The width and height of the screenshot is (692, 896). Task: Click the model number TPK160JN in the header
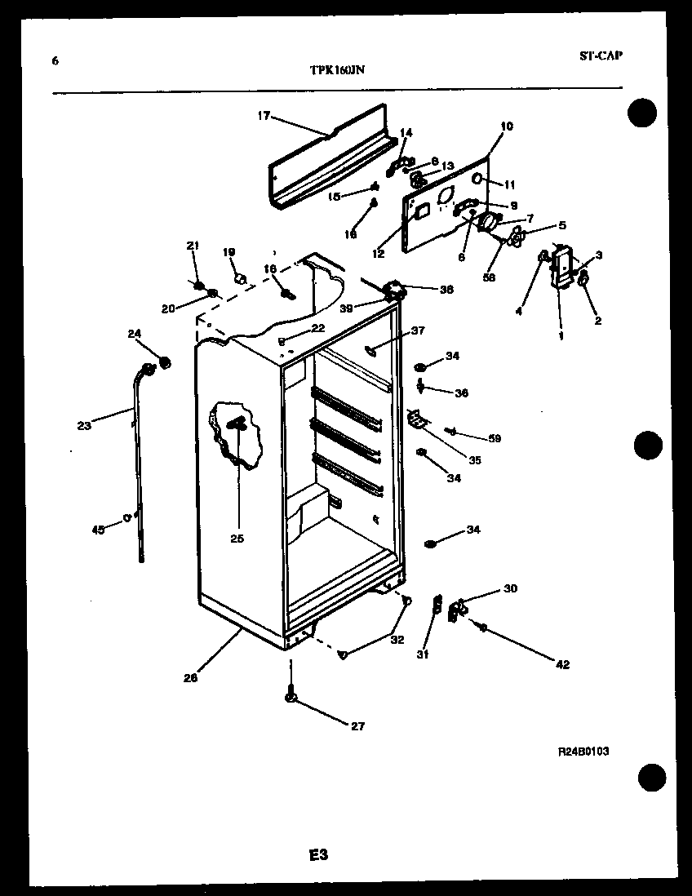(x=337, y=71)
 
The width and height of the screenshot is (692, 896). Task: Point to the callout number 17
(x=263, y=116)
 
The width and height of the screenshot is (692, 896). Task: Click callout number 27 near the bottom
(x=358, y=726)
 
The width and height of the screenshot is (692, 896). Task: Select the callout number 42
(x=562, y=664)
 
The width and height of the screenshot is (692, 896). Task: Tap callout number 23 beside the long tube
(x=85, y=424)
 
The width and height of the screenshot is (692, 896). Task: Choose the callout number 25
(x=238, y=538)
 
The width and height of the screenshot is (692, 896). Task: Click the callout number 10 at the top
(x=507, y=126)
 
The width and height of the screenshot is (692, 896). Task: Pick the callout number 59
(x=495, y=438)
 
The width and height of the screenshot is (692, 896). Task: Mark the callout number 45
(x=98, y=530)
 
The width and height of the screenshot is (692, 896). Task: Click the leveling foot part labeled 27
(x=290, y=698)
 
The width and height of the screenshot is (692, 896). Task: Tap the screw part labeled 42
(x=483, y=628)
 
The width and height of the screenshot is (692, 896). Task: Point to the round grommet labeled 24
(x=164, y=362)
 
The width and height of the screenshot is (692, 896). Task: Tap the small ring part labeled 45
(x=128, y=516)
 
